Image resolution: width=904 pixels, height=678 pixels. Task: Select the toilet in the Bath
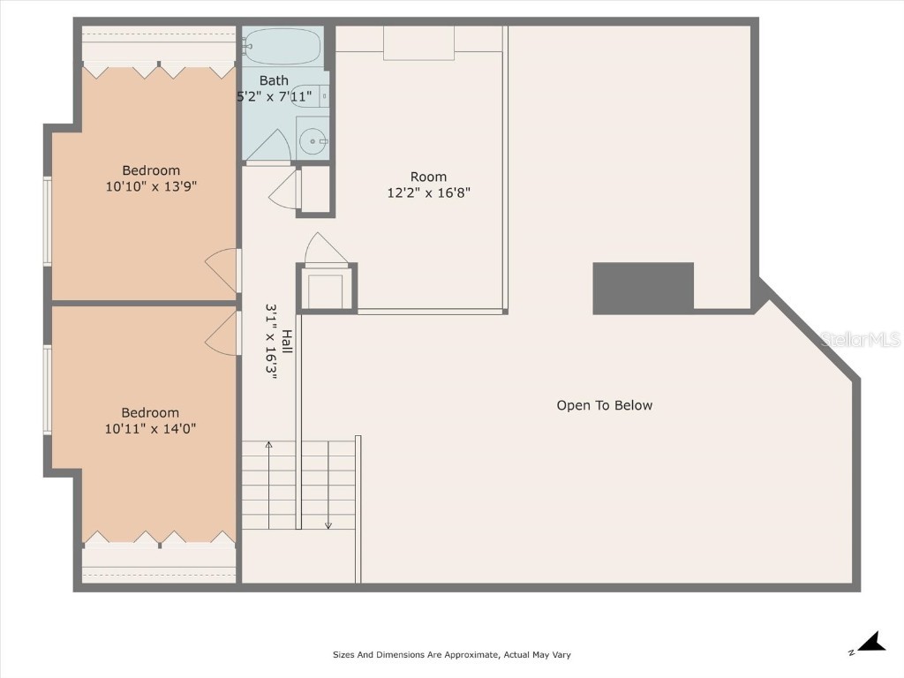[313, 95]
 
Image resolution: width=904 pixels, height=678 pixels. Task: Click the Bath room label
[274, 80]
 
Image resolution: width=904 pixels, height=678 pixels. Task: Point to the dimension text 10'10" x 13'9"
[150, 186]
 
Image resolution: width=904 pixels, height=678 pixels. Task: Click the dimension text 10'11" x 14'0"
[150, 428]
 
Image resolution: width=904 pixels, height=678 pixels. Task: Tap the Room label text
[428, 177]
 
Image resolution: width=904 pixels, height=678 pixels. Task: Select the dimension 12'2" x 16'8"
[428, 192]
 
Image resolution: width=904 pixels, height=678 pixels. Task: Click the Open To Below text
[604, 405]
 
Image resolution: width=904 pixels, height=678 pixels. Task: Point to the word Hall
[287, 343]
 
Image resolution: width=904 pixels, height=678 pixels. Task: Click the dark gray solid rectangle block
[643, 288]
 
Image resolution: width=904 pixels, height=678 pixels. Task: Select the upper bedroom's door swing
[222, 269]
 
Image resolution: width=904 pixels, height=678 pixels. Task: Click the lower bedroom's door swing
[222, 333]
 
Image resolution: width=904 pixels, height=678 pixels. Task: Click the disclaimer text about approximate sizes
[451, 655]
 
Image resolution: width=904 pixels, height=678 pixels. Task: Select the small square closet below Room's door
[326, 288]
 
